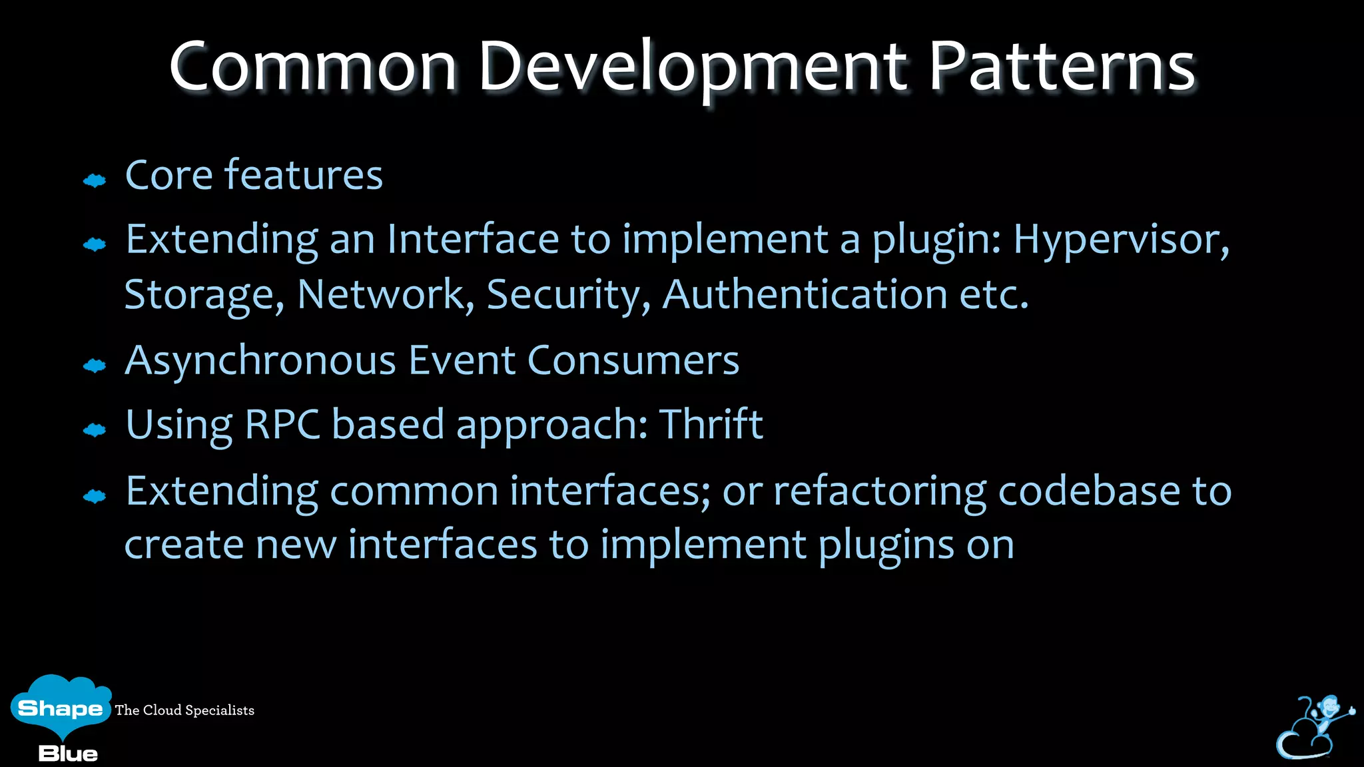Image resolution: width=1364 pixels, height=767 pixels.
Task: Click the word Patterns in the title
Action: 1062,67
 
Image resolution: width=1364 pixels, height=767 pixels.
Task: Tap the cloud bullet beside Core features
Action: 95,180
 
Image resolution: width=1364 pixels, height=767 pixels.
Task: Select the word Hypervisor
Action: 1121,240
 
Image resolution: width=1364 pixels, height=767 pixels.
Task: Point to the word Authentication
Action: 805,294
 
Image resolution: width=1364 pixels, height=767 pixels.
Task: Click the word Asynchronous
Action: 261,362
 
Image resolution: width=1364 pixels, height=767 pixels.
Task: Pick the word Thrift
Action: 711,424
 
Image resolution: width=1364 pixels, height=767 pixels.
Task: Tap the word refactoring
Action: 879,492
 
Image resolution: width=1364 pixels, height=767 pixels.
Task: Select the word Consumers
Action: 633,361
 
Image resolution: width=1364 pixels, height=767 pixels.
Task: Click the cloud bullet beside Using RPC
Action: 95,430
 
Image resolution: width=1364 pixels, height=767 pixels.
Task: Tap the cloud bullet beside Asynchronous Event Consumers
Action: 95,365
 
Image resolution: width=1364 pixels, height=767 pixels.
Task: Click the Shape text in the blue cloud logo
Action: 60,708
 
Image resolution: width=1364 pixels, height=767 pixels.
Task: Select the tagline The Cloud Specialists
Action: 184,710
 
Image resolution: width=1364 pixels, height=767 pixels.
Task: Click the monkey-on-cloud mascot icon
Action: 1313,727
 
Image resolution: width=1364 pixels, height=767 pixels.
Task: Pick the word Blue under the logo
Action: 68,754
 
